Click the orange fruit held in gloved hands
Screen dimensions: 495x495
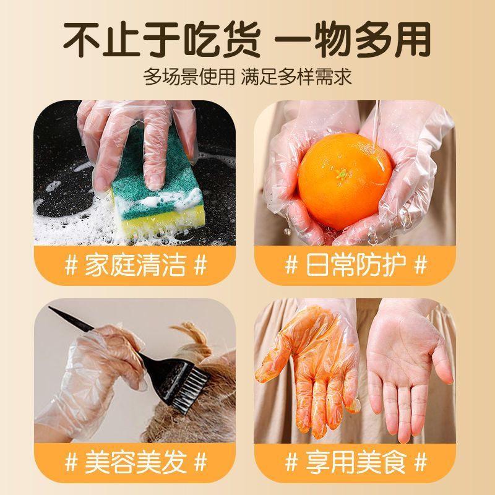(x=345, y=181)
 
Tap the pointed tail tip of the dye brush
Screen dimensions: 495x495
(x=49, y=307)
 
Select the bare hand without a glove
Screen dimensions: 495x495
(x=410, y=369)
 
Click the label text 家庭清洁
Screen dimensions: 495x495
(x=136, y=266)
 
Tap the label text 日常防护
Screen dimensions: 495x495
(x=356, y=266)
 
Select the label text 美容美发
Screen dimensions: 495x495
(x=136, y=463)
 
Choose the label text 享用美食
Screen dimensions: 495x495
(x=356, y=463)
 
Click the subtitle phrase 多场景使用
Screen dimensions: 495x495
(x=189, y=77)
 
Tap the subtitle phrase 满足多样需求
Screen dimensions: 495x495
(x=296, y=77)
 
